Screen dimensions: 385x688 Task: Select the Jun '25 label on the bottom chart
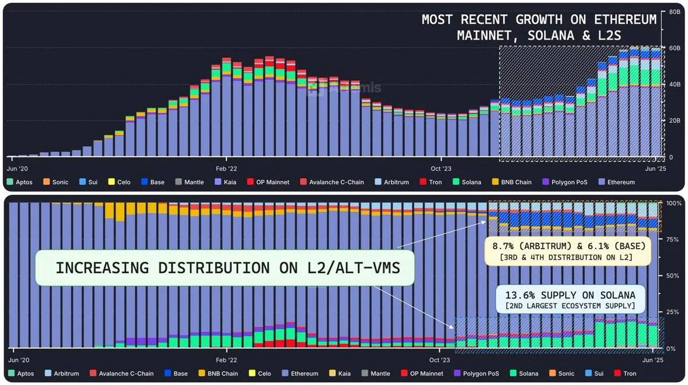[x=654, y=360]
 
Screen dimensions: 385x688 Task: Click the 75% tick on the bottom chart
[x=673, y=239]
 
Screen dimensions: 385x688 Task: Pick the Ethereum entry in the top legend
[x=619, y=182]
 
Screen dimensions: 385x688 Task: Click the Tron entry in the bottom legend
[x=630, y=374]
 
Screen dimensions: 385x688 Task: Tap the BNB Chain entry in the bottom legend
[x=222, y=374]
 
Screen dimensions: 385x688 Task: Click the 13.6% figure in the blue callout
[x=519, y=295]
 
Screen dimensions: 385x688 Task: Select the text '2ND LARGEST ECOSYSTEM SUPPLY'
[x=570, y=306]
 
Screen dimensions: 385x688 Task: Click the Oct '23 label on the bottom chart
[x=439, y=360]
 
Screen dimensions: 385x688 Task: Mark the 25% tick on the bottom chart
[x=673, y=312]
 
